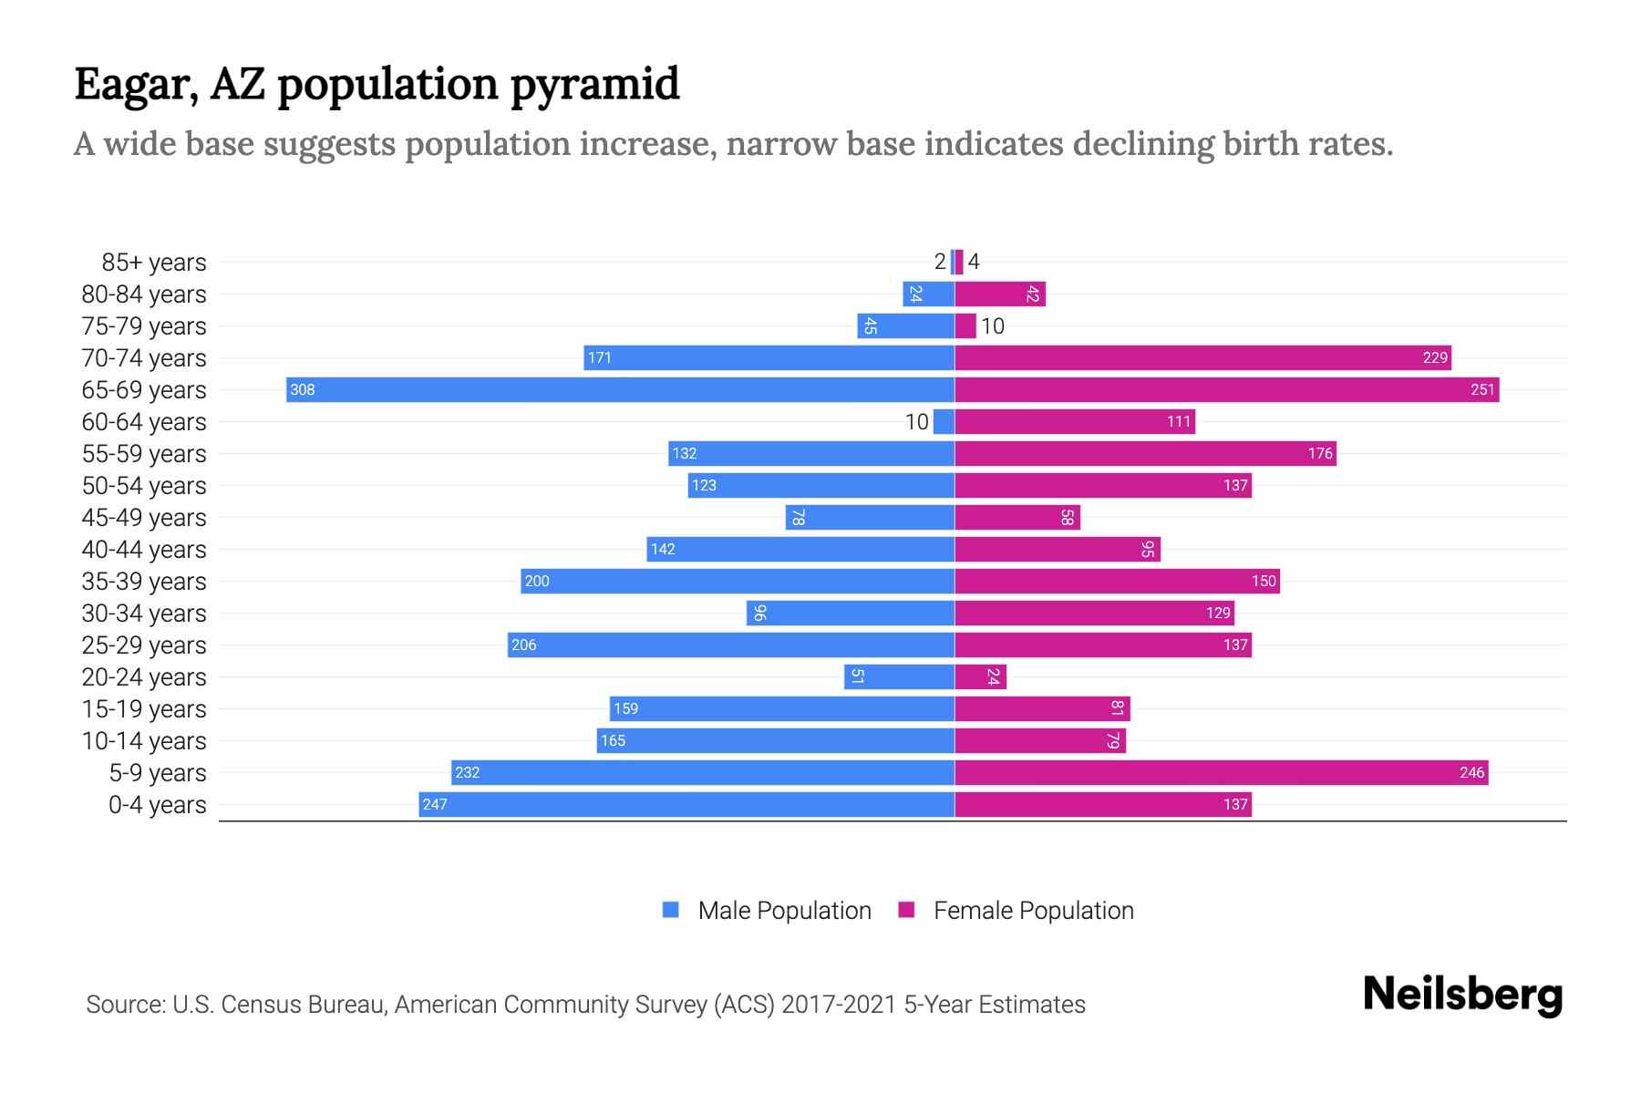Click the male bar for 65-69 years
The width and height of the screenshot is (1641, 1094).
[x=620, y=389]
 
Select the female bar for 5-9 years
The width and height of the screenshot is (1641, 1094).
[x=1222, y=772]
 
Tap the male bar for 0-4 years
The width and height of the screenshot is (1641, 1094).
[x=686, y=804]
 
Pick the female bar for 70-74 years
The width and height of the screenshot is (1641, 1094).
[x=1202, y=357]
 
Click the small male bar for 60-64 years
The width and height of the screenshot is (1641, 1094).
[x=944, y=421]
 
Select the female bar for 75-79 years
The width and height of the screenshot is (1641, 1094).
[x=965, y=325]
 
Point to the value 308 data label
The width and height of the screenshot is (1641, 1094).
[x=302, y=390]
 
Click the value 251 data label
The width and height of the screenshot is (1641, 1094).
[x=1482, y=390]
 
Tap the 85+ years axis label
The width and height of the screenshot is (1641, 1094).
[x=153, y=263]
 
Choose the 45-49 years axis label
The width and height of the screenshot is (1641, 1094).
[x=143, y=518]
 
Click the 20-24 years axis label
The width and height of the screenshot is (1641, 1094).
[x=143, y=677]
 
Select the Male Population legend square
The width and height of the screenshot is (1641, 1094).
[x=671, y=910]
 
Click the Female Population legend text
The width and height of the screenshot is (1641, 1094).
[x=1033, y=911]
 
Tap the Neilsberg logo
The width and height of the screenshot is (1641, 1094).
[x=1462, y=994]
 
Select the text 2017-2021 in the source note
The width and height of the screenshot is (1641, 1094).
[x=838, y=1005]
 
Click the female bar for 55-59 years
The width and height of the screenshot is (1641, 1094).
[x=1145, y=453]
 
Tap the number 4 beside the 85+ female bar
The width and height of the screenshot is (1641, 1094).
[x=974, y=263]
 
